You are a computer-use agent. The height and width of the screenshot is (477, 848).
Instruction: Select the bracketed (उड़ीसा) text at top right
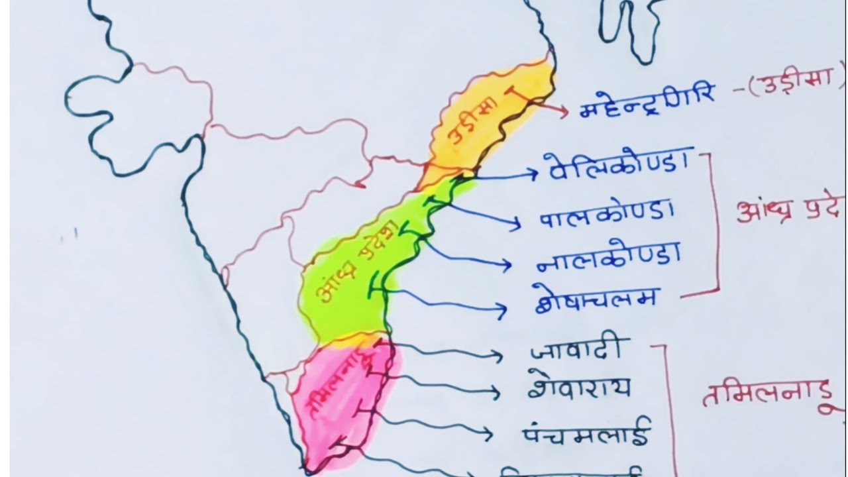coord(795,87)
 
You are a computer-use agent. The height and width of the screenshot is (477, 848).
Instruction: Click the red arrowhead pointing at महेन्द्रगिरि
coord(564,111)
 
